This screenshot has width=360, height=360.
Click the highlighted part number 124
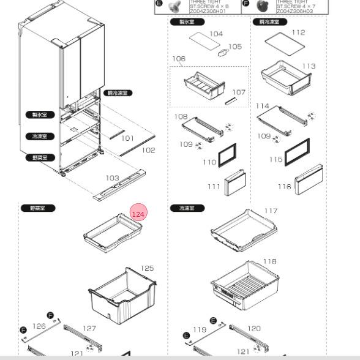[138, 214]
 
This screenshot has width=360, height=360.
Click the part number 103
[112, 178]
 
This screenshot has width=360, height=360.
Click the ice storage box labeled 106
[200, 85]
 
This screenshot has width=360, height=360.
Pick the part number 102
[149, 150]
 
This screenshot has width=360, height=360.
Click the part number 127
[89, 328]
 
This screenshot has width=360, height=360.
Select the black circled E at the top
[159, 4]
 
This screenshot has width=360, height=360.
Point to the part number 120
[253, 328]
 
